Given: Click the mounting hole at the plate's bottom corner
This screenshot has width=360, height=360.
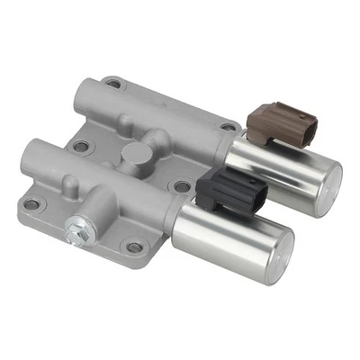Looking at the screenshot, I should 134,246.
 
